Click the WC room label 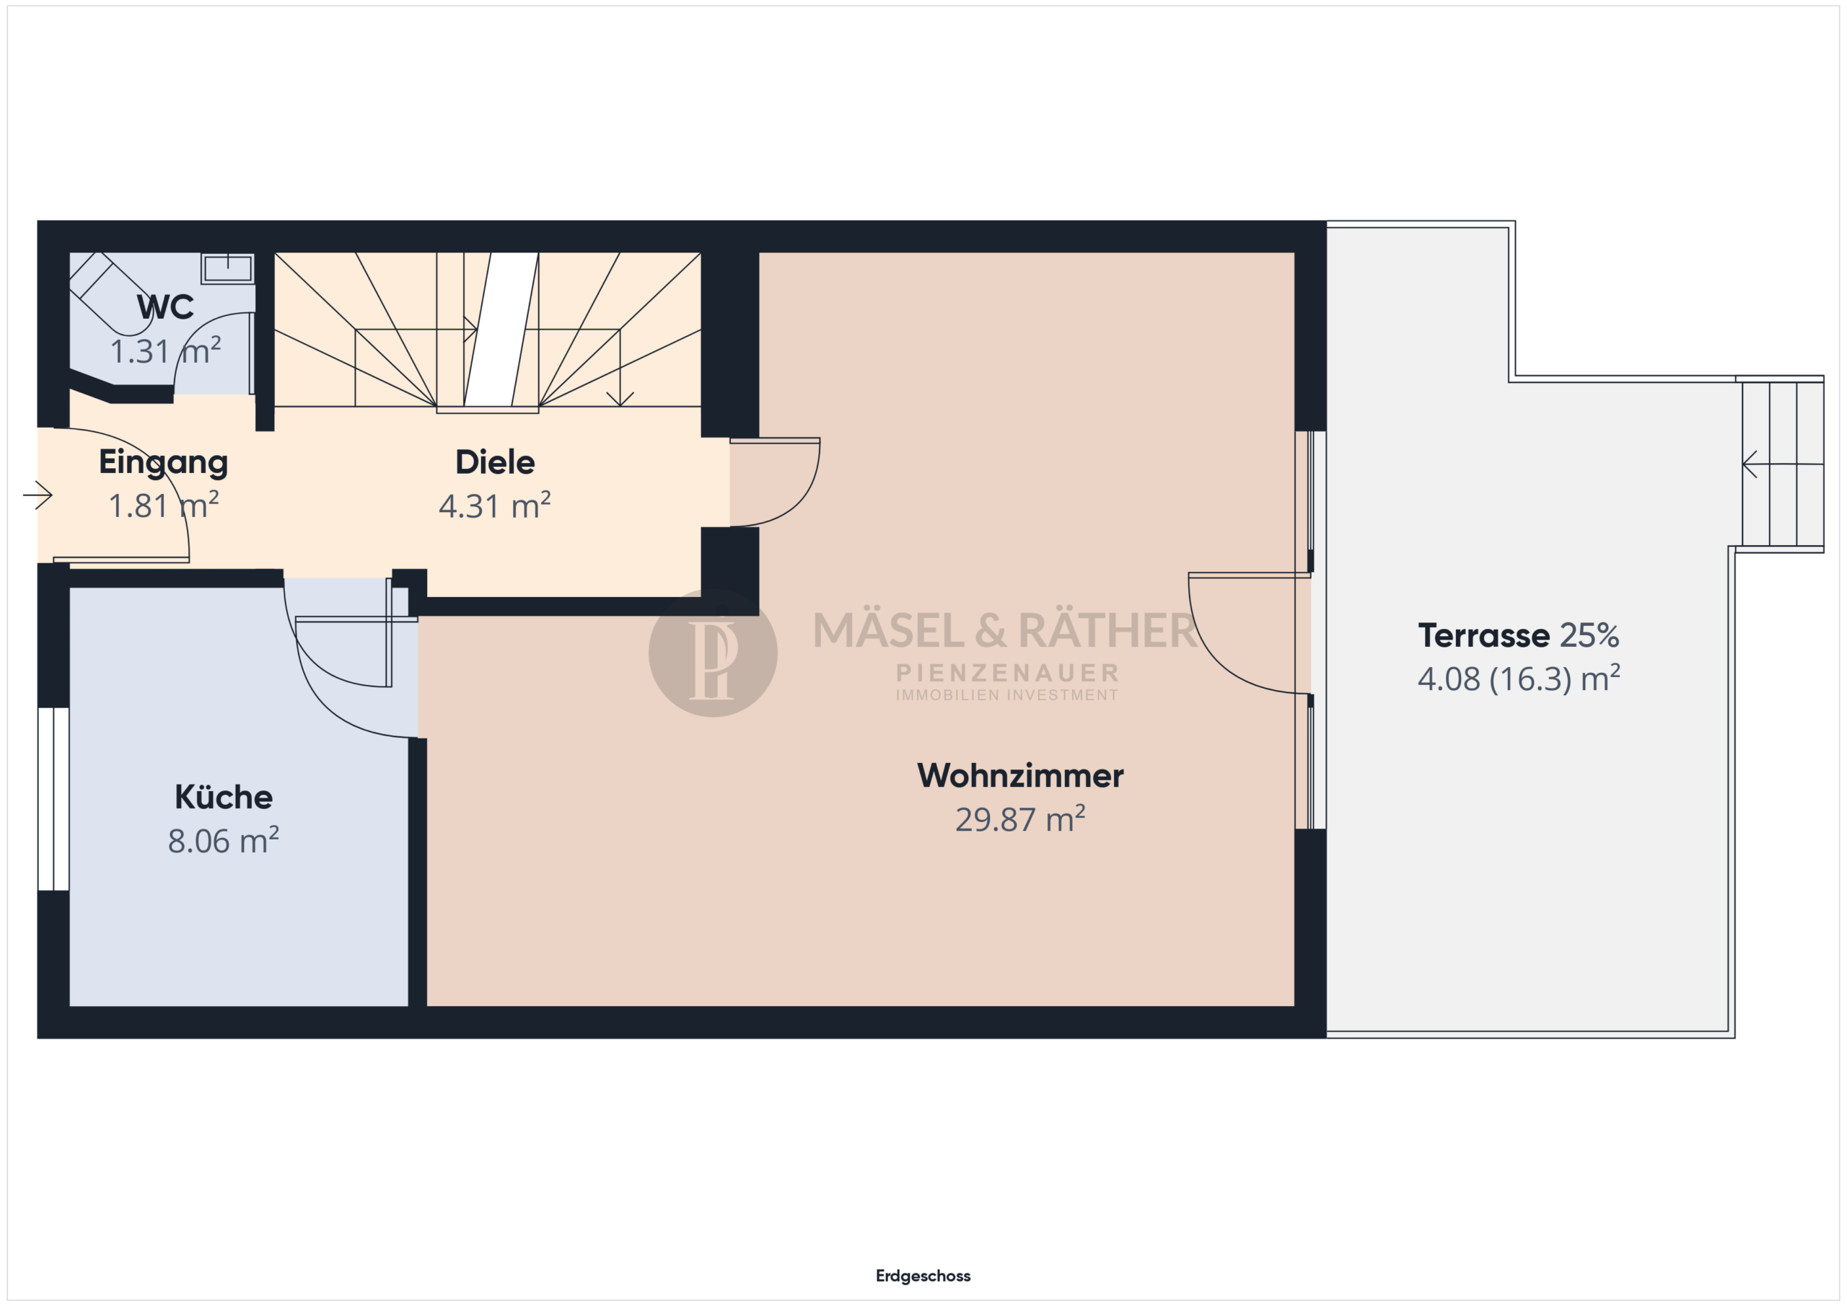click(165, 306)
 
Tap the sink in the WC click(228, 268)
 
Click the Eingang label click(163, 463)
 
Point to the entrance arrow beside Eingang click(38, 495)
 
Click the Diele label click(495, 462)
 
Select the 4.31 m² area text click(495, 506)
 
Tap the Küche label click(224, 796)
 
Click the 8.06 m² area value click(224, 840)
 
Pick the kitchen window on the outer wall click(54, 798)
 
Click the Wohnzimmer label click(1020, 775)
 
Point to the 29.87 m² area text click(1020, 819)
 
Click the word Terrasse click(1483, 635)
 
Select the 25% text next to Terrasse click(1589, 635)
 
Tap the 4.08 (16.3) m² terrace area click(1519, 679)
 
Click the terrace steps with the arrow click(1783, 464)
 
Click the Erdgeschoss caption click(923, 1276)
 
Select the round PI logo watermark click(713, 653)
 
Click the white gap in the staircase click(501, 330)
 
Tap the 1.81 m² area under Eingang click(163, 506)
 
